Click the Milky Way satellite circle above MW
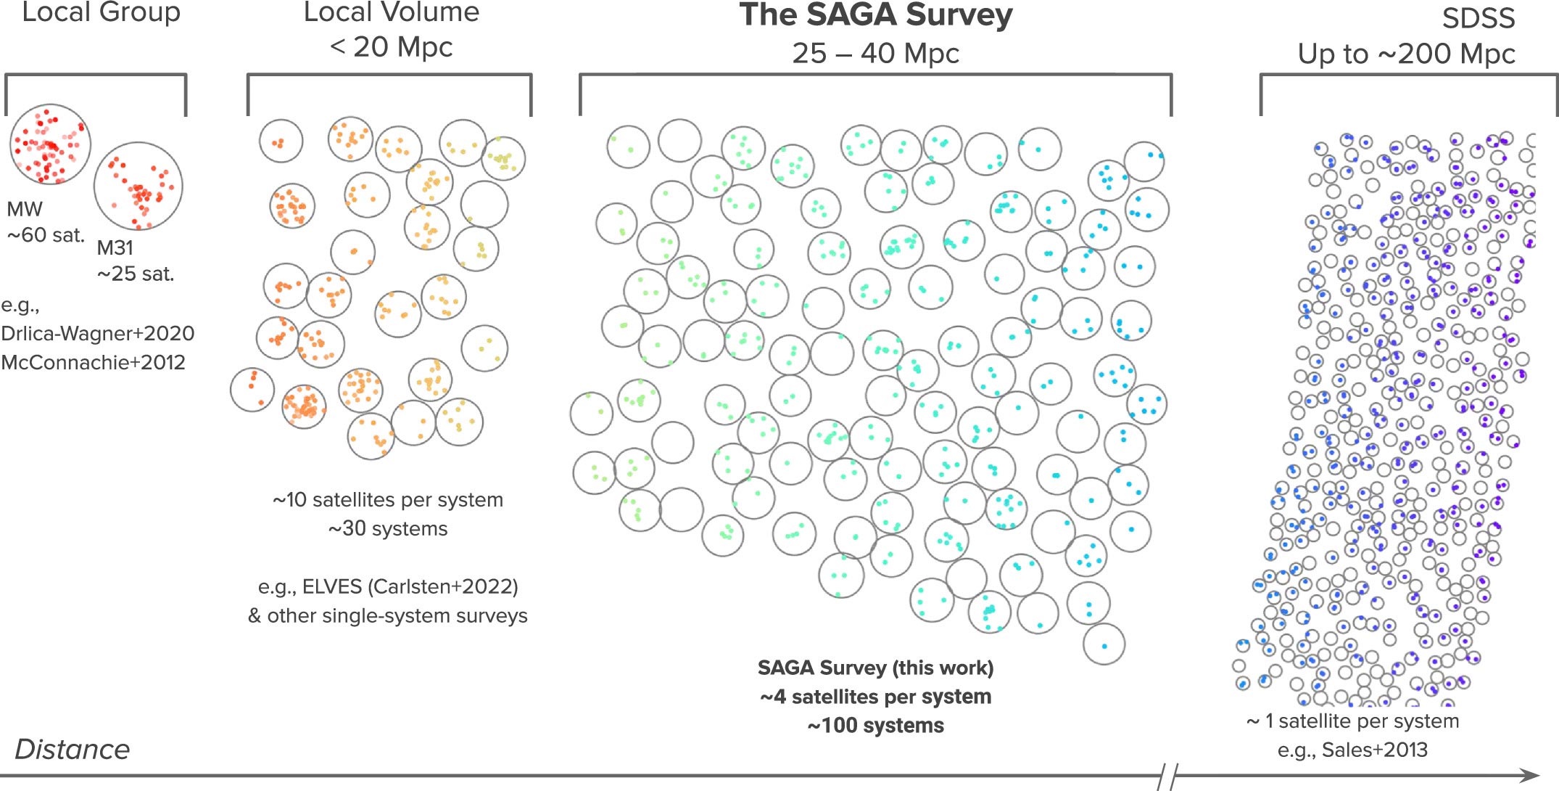click(x=50, y=144)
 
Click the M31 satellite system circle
click(x=138, y=186)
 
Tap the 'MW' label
click(x=25, y=209)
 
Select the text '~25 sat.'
click(x=136, y=274)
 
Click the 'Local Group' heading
click(x=101, y=12)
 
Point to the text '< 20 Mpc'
click(x=391, y=47)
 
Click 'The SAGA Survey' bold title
click(x=875, y=15)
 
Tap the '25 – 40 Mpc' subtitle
click(x=875, y=53)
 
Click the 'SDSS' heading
click(x=1478, y=18)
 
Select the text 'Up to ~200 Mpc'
click(x=1406, y=54)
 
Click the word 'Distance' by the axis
click(x=72, y=750)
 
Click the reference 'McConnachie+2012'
click(x=93, y=362)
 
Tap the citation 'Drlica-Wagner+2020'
click(x=98, y=333)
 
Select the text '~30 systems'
click(x=388, y=528)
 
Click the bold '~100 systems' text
click(x=875, y=726)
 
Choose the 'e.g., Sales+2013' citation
click(x=1352, y=750)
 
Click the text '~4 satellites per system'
click(x=875, y=697)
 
